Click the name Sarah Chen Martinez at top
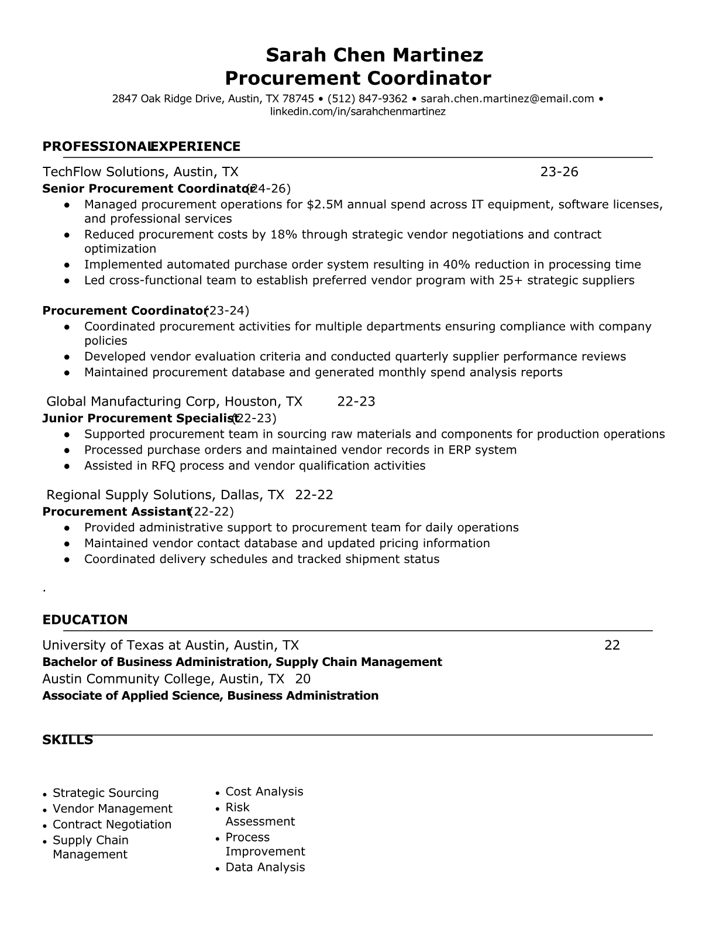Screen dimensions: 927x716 (374, 55)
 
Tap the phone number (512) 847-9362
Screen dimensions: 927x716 (367, 99)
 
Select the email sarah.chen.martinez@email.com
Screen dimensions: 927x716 (507, 99)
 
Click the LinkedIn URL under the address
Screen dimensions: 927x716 (357, 111)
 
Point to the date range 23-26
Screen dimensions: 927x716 (559, 171)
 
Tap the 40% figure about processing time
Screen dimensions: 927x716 (459, 265)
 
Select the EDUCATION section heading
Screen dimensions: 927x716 (85, 620)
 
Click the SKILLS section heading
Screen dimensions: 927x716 (67, 740)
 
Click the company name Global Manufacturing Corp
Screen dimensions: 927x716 (132, 401)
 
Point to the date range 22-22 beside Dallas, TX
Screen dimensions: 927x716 (314, 495)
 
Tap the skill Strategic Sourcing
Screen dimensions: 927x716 (105, 793)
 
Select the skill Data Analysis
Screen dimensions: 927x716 (265, 867)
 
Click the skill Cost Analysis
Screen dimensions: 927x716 (264, 792)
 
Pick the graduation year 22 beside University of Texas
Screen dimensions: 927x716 (612, 646)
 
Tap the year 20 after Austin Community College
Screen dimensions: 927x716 (302, 679)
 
